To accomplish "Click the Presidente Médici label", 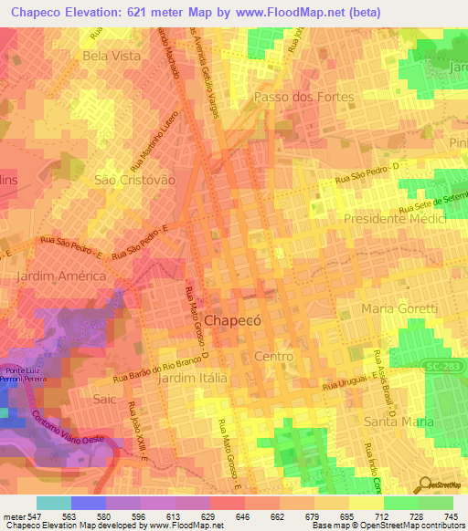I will click(394, 219).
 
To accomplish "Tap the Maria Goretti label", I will click(400, 309).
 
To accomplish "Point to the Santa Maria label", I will click(399, 421).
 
